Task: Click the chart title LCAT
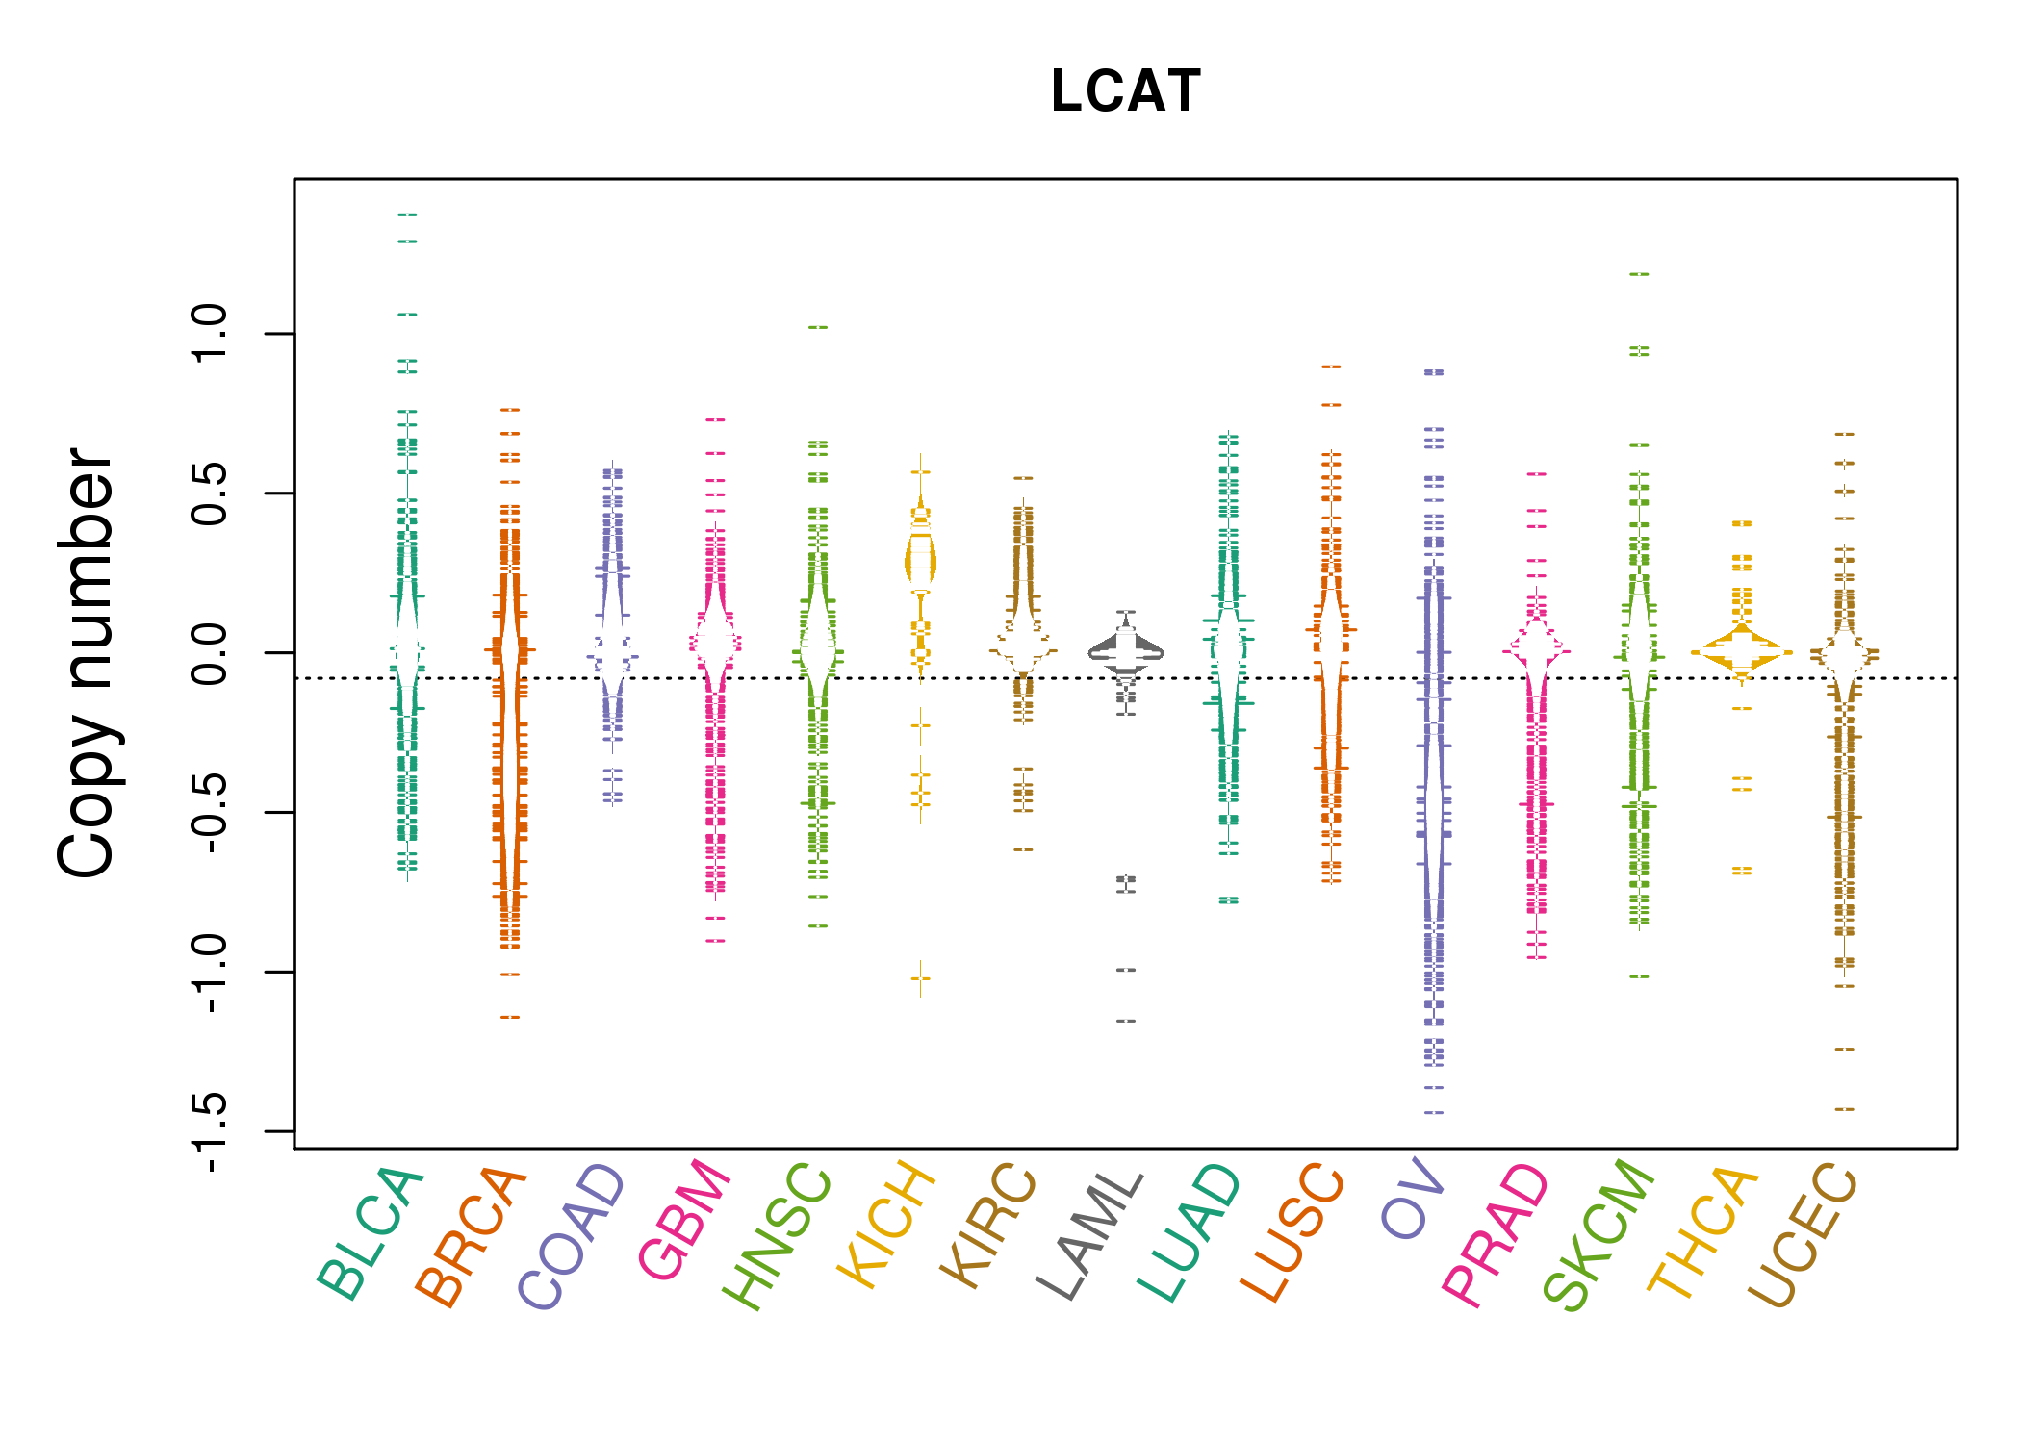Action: point(1125,91)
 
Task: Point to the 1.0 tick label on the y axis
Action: point(209,333)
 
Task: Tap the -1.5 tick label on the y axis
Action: point(209,1132)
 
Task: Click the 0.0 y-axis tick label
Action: point(209,653)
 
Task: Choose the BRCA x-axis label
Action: point(472,1237)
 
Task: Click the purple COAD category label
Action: point(573,1237)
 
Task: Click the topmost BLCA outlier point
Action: point(407,215)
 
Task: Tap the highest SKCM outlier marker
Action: point(1639,274)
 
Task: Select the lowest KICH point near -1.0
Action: point(920,979)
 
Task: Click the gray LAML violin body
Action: point(1126,651)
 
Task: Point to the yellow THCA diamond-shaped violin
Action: point(1741,652)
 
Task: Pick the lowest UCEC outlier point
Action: point(1844,1109)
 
